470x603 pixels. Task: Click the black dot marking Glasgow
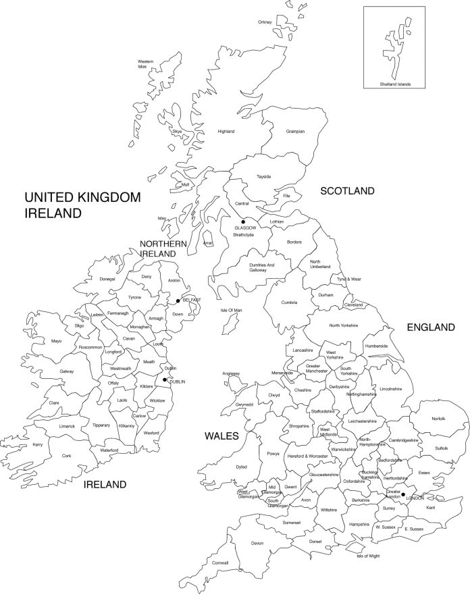coord(243,221)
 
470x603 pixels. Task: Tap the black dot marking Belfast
coord(178,301)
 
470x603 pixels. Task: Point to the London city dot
coord(403,494)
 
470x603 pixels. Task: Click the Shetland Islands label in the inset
coord(395,84)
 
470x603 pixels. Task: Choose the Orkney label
coord(265,22)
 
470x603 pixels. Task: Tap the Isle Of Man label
coord(231,310)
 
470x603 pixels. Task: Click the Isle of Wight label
coord(369,556)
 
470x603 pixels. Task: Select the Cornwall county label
coord(220,562)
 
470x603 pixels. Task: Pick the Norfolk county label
coord(438,419)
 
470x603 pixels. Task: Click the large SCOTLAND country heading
coord(347,191)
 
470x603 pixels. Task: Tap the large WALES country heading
coord(221,437)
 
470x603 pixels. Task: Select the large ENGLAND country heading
coord(431,327)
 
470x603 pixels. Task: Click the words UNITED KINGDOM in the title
coord(82,198)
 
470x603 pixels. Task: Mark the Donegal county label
coord(107,279)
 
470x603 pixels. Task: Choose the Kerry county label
coord(38,445)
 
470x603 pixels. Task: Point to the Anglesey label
coord(231,373)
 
